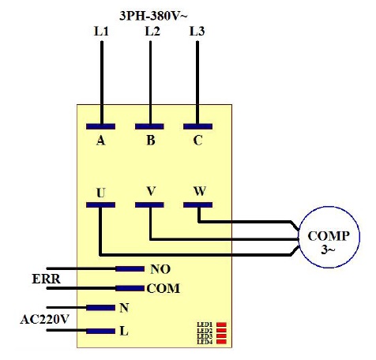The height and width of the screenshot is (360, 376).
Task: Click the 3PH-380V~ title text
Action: point(153,17)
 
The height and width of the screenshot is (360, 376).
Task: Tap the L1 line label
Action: point(101,32)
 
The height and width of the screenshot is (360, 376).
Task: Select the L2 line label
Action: point(152,32)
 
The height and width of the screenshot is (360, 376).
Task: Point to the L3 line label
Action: point(197,32)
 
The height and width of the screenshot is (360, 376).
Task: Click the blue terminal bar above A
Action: point(100,126)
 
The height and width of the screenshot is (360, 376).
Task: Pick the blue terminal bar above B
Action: point(149,126)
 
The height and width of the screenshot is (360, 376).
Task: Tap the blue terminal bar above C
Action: point(197,126)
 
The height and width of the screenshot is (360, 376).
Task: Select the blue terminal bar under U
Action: point(100,204)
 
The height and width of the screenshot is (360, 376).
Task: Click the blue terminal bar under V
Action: point(149,204)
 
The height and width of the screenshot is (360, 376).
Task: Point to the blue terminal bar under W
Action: point(197,204)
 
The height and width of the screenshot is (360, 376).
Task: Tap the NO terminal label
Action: point(160,269)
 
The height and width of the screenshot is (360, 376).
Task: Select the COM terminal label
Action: point(164,288)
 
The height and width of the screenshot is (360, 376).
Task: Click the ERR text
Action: point(46,279)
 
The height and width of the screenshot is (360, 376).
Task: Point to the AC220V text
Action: point(44,320)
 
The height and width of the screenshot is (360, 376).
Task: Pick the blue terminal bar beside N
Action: point(100,308)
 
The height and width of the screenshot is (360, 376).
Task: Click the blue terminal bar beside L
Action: point(100,331)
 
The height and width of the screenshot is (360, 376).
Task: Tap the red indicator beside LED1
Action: point(221,324)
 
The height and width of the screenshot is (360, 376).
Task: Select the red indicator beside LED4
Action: point(221,342)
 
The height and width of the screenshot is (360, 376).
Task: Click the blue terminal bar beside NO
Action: point(130,269)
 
